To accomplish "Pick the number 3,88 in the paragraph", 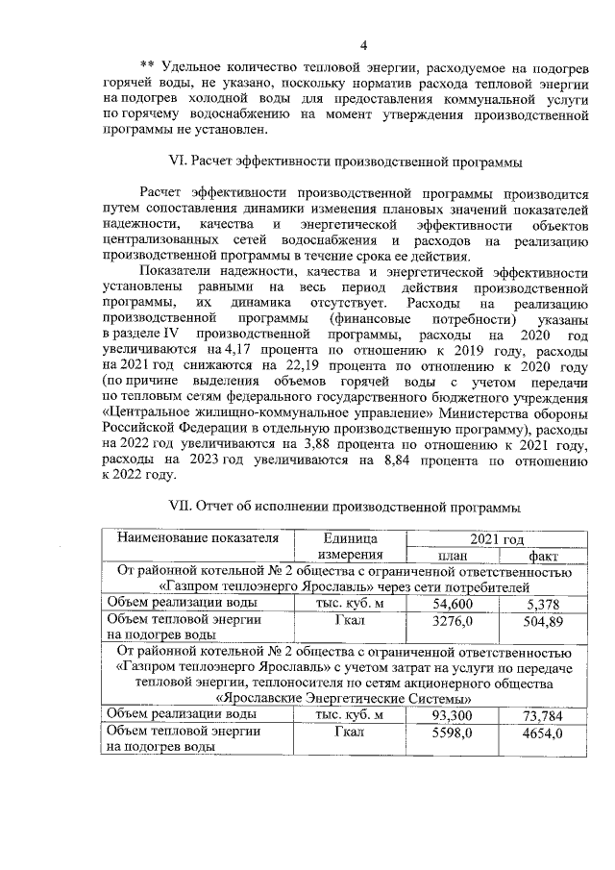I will coord(325,447).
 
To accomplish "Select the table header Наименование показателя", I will coord(197,537).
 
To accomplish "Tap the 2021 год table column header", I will coord(497,537).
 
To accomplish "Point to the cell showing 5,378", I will coord(543,603).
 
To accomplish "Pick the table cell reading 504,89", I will coord(543,620).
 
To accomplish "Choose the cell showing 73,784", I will coord(543,716).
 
